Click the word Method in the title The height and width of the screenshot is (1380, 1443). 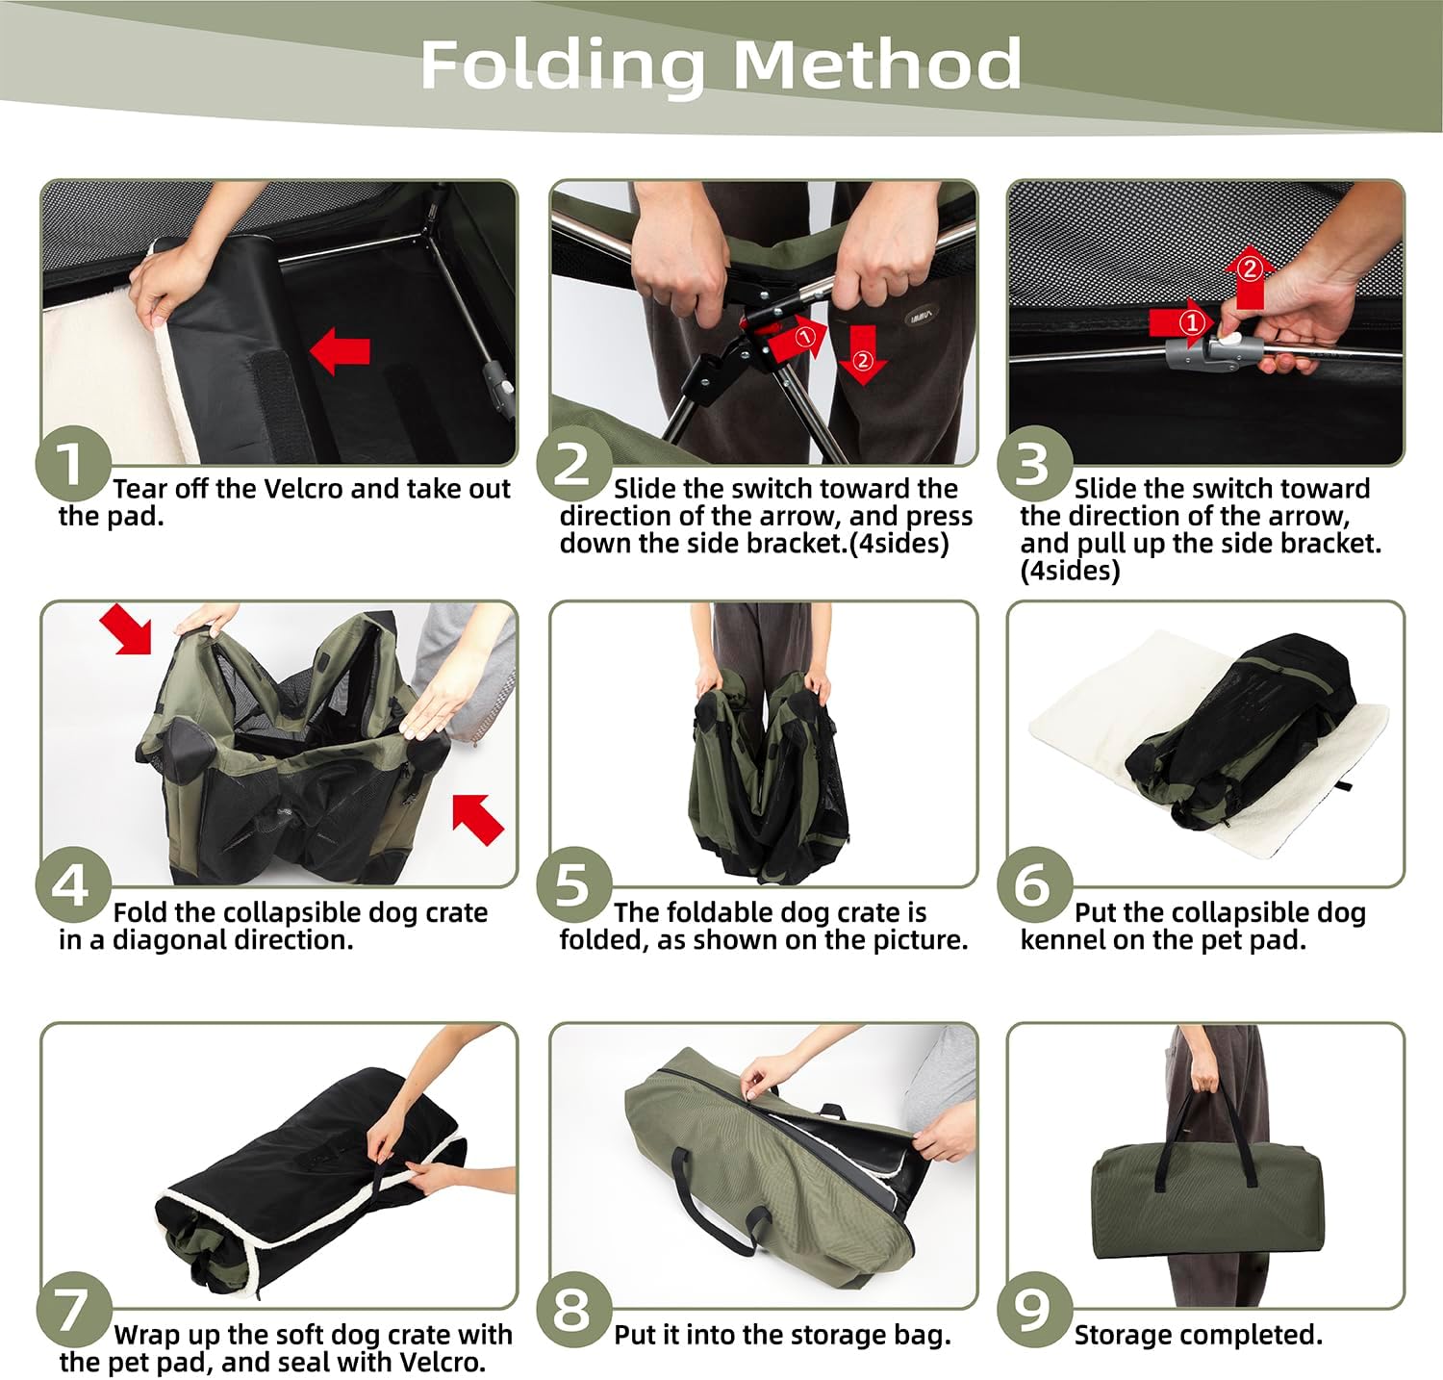pos(876,64)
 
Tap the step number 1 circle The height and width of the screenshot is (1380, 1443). pos(73,464)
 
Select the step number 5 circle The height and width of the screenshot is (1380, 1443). pos(574,885)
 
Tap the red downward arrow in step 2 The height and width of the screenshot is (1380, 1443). pos(862,354)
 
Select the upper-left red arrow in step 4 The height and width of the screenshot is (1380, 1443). pos(127,629)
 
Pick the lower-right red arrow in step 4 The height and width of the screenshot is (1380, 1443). pos(478,819)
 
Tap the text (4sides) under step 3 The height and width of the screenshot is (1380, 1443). pos(1070,571)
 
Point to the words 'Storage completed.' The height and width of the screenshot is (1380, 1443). pos(1198,1336)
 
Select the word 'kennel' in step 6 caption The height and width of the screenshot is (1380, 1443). pos(1063,939)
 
